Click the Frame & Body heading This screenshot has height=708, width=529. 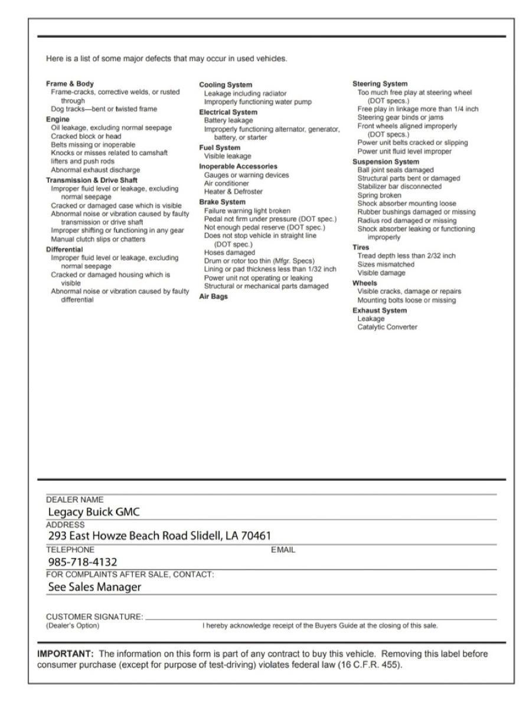[70, 84]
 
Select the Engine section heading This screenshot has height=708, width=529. [57, 119]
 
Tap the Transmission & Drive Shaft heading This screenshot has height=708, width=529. [92, 180]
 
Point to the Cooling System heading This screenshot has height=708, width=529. [226, 85]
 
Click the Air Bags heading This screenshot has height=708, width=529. [213, 297]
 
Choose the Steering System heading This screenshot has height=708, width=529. [380, 84]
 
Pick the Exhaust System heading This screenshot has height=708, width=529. [380, 310]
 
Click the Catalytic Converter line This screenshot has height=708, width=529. [387, 327]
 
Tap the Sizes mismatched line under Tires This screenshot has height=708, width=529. [386, 265]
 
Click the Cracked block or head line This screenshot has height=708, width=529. [86, 136]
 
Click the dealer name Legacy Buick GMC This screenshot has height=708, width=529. [94, 512]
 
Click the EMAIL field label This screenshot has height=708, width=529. [282, 549]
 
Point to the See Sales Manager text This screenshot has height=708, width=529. [94, 587]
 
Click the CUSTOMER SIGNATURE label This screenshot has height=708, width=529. [94, 617]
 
